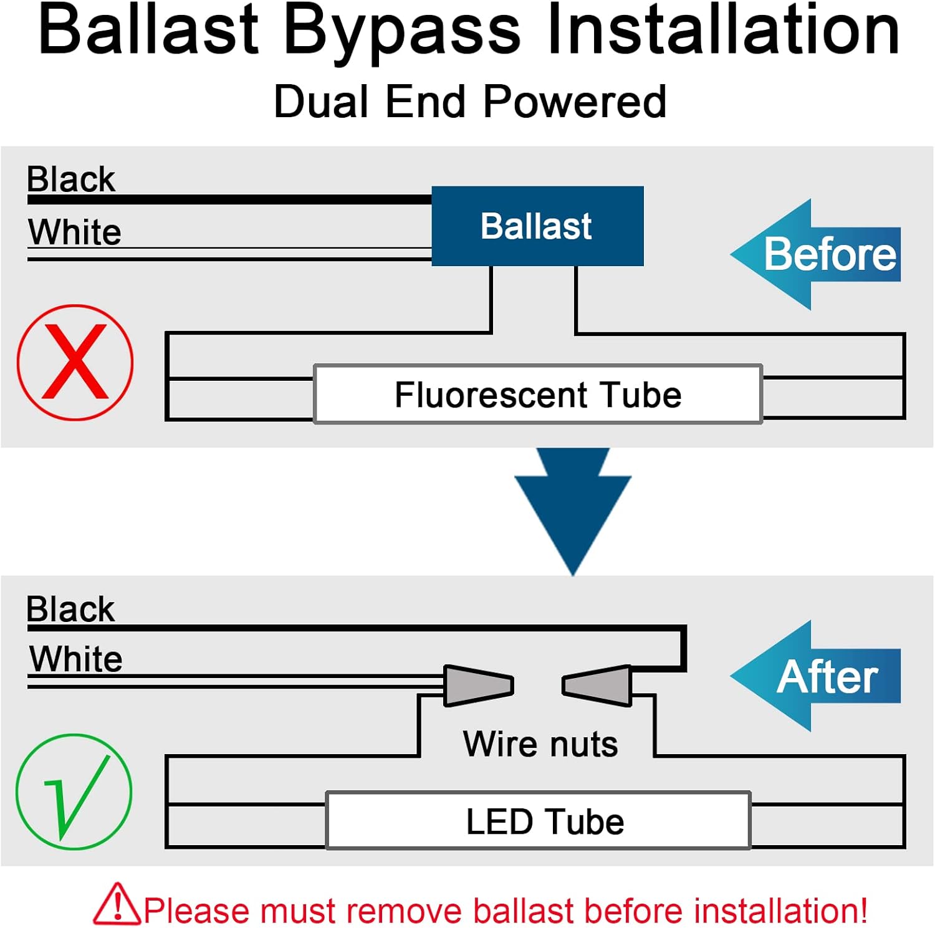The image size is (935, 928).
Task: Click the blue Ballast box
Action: (x=537, y=226)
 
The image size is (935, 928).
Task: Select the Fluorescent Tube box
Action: (x=538, y=395)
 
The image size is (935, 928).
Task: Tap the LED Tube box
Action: (x=539, y=820)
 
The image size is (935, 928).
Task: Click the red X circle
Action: (x=75, y=362)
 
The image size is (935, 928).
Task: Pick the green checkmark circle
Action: (x=74, y=791)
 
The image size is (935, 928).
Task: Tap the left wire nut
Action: (x=477, y=686)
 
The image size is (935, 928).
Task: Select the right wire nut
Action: (x=597, y=686)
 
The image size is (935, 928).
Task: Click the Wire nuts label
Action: (x=540, y=744)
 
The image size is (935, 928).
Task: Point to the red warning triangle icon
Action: (x=117, y=904)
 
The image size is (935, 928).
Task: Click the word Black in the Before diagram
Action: (x=71, y=179)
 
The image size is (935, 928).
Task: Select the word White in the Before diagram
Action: (x=75, y=232)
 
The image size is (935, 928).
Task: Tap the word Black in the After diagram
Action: (x=70, y=609)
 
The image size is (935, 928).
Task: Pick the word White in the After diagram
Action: (x=76, y=659)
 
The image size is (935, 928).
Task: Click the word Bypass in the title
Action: (x=402, y=31)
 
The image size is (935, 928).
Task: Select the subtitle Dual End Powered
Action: (x=470, y=102)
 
